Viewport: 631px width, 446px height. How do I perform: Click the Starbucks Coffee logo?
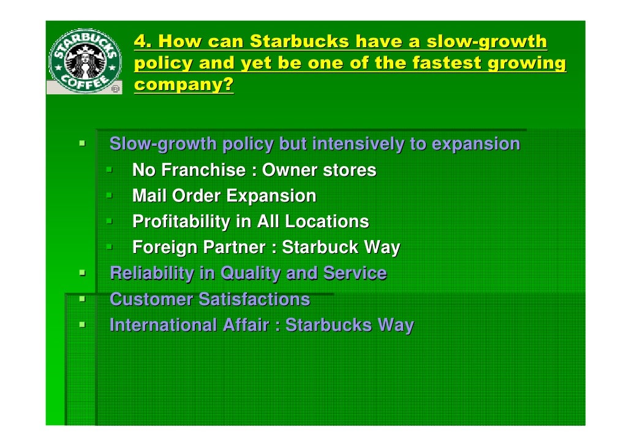tap(86, 60)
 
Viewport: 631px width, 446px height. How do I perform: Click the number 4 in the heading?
tap(140, 42)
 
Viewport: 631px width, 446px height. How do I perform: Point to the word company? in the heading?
tap(184, 85)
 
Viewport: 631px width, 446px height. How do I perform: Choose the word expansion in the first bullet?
tap(476, 145)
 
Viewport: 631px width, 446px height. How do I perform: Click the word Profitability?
tap(182, 222)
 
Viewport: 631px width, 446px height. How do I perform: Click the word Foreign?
tap(165, 248)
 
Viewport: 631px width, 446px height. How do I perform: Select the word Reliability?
tap(151, 273)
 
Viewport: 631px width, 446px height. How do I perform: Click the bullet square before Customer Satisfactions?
tap(81, 298)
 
